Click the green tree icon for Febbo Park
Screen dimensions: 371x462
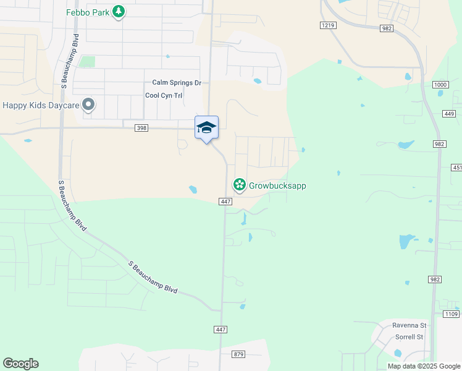point(119,12)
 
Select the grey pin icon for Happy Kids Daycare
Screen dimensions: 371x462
point(88,104)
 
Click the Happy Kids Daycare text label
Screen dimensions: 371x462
point(41,105)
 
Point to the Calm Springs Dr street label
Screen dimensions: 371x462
point(177,83)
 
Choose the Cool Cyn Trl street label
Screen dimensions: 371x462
point(164,95)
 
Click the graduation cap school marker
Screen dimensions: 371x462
point(206,128)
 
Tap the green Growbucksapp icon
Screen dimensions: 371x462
point(239,185)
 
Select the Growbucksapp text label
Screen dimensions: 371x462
point(277,185)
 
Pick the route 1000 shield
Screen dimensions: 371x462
point(440,85)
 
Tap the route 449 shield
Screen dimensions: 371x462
point(449,114)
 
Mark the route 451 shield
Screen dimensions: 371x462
point(456,168)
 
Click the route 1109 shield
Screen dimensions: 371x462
point(451,315)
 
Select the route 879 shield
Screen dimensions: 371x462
point(239,354)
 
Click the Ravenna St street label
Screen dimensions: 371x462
point(409,325)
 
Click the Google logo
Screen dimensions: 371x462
point(20,364)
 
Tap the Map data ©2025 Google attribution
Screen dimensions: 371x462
point(424,366)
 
